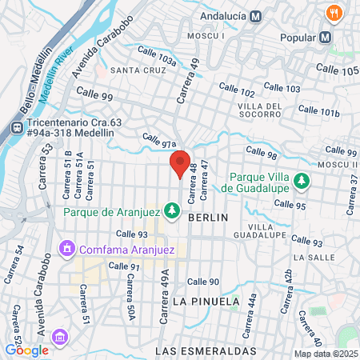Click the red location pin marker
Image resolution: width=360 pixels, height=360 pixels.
click(180, 162)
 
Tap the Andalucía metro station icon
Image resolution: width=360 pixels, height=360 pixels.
click(255, 15)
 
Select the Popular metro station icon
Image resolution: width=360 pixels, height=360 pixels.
click(325, 37)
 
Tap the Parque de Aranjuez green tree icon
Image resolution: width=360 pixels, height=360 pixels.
click(171, 210)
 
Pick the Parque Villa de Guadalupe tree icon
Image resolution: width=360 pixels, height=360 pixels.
click(302, 182)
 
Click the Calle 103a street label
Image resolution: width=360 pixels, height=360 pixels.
click(157, 55)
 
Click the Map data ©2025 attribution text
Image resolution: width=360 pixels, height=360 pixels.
click(325, 354)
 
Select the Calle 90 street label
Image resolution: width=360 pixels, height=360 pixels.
click(203, 281)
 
